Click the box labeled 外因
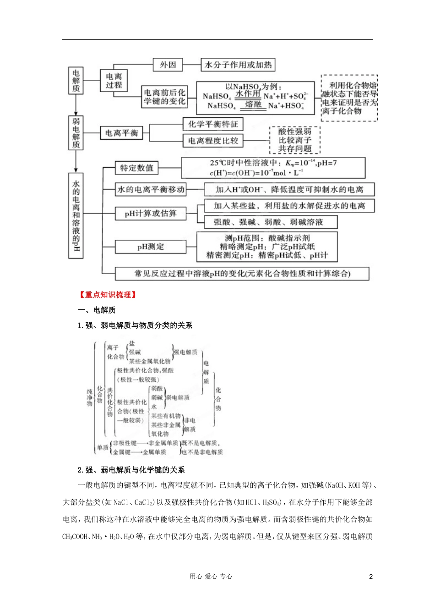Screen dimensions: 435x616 coord(168,65)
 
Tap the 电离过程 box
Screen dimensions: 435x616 coord(114,81)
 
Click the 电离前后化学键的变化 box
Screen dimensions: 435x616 coord(165,97)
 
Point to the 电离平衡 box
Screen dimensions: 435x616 coord(121,133)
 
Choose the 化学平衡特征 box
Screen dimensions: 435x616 coord(213,124)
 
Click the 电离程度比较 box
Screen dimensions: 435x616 coord(213,141)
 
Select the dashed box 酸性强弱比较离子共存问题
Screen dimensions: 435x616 coord(295,140)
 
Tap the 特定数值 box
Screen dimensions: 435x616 coord(136,168)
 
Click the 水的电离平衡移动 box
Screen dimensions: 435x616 coord(151,189)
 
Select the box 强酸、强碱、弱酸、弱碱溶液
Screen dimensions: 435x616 coord(268,222)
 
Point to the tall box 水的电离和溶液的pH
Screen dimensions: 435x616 coord(76,215)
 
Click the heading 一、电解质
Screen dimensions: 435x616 coord(97,310)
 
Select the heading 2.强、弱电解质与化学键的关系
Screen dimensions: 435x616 coord(131,470)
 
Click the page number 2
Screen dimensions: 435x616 coord(371,577)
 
